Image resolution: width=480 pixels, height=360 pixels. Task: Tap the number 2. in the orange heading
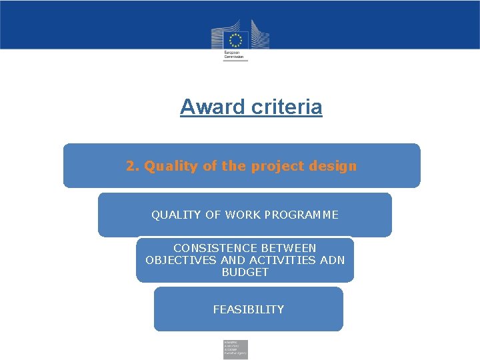(133, 166)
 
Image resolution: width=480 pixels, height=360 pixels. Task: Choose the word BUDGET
(245, 272)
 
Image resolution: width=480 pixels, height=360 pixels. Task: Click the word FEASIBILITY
(248, 309)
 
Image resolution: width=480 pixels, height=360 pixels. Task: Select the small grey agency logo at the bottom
(235, 349)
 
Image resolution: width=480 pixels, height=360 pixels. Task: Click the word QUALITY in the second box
(176, 215)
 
